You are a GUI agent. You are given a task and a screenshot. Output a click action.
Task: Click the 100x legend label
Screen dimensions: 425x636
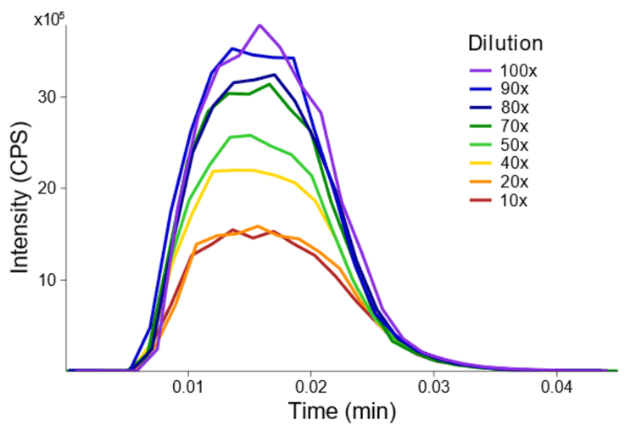click(x=518, y=70)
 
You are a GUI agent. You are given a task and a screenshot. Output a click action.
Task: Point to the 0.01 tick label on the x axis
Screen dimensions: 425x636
click(x=188, y=388)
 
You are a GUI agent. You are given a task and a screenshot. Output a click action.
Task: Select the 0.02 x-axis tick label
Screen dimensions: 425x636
click(x=311, y=388)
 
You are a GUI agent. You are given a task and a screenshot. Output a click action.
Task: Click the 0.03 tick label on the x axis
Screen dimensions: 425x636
click(x=434, y=388)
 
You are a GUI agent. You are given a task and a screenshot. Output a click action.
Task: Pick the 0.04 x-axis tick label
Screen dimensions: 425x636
click(x=557, y=388)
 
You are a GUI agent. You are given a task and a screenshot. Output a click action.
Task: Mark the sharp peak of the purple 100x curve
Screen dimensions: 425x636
click(x=259, y=25)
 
